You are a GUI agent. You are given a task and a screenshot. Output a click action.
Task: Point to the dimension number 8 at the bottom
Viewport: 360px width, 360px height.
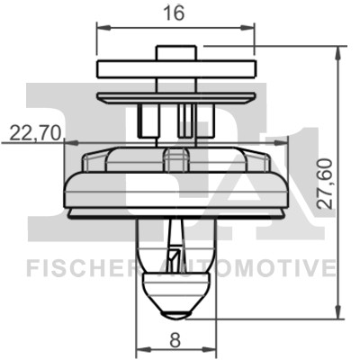click(176, 340)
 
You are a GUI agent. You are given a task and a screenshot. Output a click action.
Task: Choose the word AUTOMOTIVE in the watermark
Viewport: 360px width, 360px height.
click(262, 268)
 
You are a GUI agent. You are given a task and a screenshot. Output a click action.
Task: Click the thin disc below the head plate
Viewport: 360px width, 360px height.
click(175, 95)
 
